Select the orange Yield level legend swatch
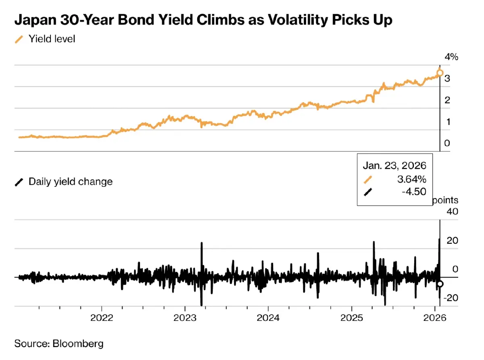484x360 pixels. (19, 40)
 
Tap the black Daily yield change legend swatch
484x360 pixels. (19, 182)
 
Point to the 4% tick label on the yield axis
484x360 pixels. (451, 57)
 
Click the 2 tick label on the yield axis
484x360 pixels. (447, 100)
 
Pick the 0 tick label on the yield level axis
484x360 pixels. (447, 143)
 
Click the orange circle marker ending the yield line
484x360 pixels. (440, 73)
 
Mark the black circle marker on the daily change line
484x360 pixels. (440, 284)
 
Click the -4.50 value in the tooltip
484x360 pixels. (414, 192)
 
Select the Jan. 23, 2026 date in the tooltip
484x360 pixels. (394, 165)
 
